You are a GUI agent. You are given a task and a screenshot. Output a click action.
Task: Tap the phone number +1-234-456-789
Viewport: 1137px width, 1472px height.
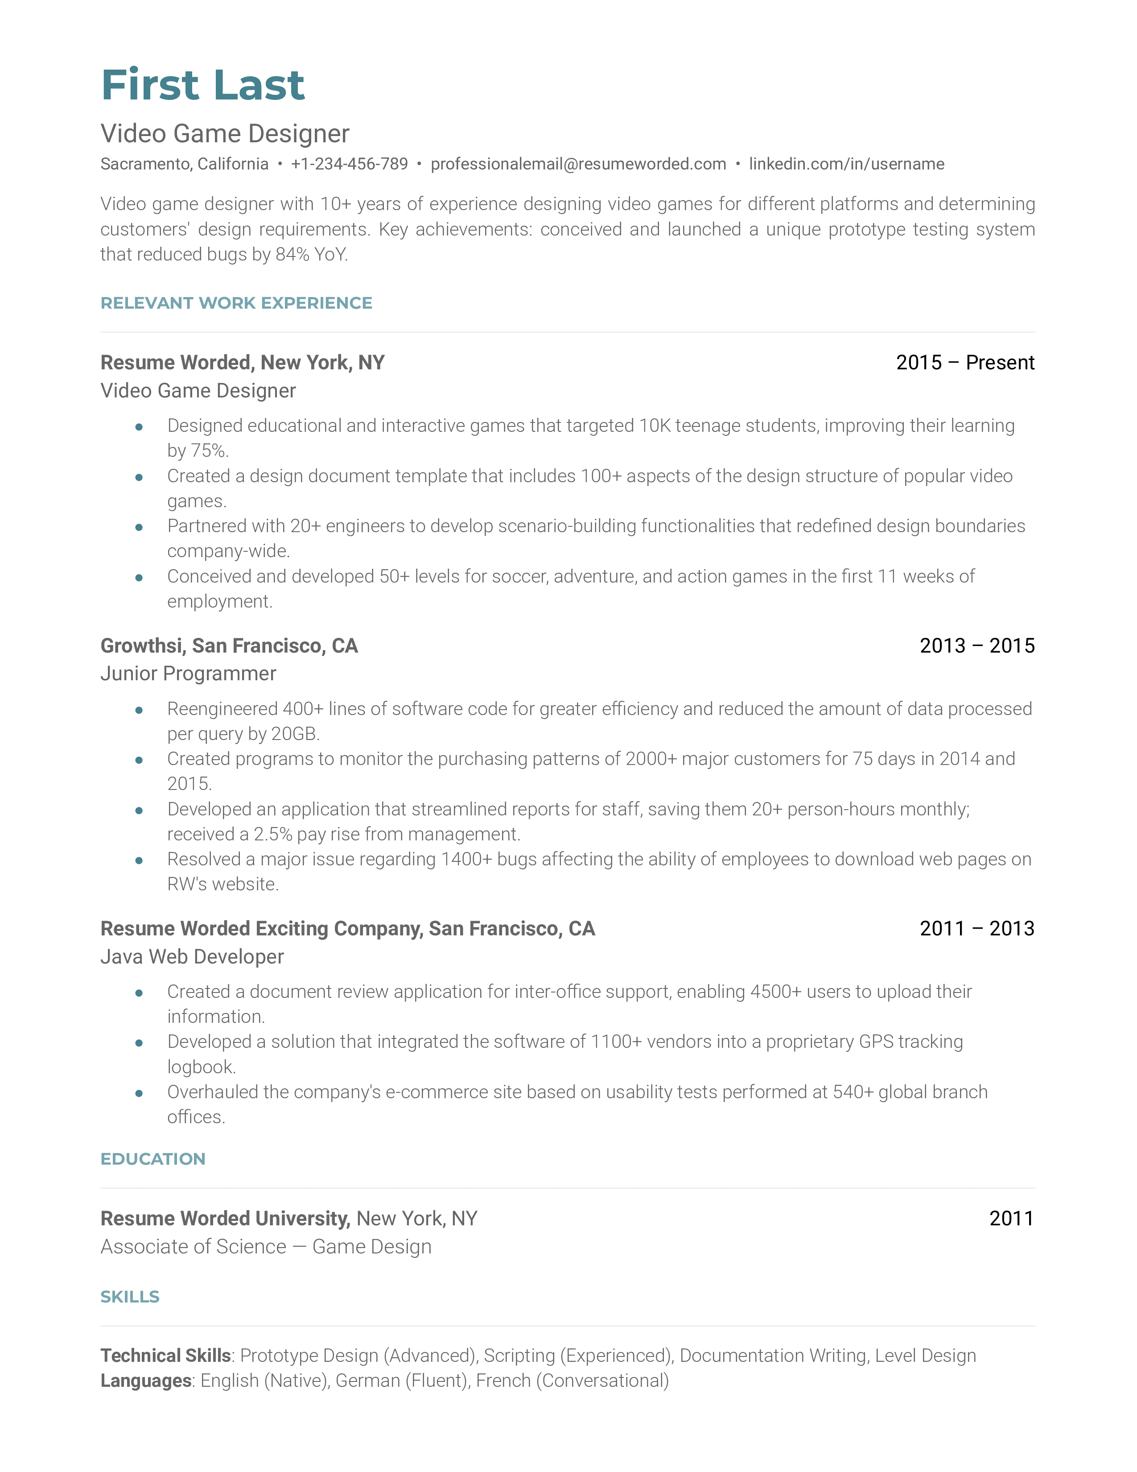[x=349, y=164]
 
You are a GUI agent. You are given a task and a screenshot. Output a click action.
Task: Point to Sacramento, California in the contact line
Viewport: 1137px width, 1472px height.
[x=184, y=164]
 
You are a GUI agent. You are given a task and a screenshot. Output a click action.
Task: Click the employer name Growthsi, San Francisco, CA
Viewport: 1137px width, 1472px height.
[x=229, y=646]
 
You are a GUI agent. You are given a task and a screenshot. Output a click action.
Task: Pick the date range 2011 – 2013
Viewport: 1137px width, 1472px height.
[x=976, y=928]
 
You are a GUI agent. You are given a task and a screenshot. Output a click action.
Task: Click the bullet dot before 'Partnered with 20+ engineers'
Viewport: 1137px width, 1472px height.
[x=139, y=527]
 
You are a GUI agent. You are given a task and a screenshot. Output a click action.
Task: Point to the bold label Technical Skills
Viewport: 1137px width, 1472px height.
[x=166, y=1356]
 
